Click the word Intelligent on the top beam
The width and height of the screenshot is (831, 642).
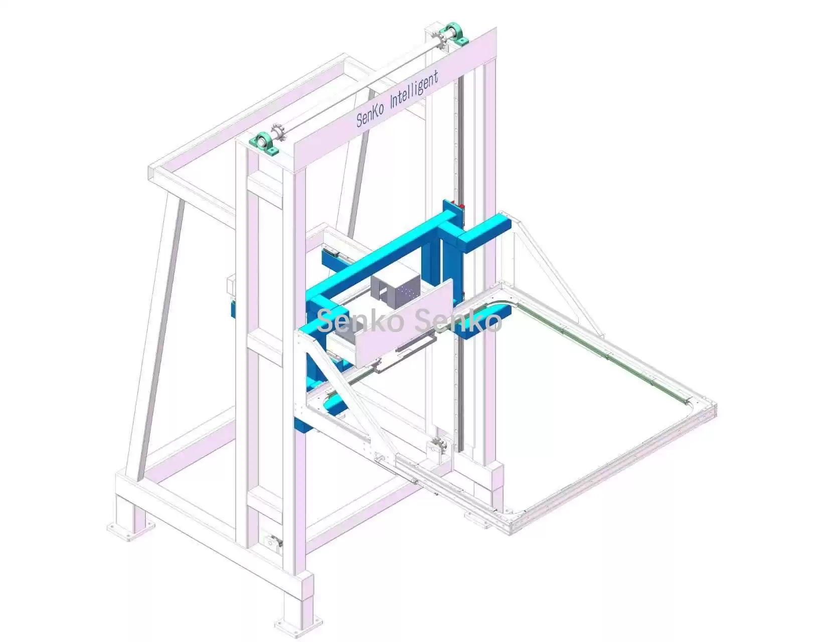[x=413, y=92]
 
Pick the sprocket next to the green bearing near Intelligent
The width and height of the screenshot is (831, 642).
[x=440, y=43]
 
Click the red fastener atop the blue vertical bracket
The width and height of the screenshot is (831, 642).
[x=461, y=207]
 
